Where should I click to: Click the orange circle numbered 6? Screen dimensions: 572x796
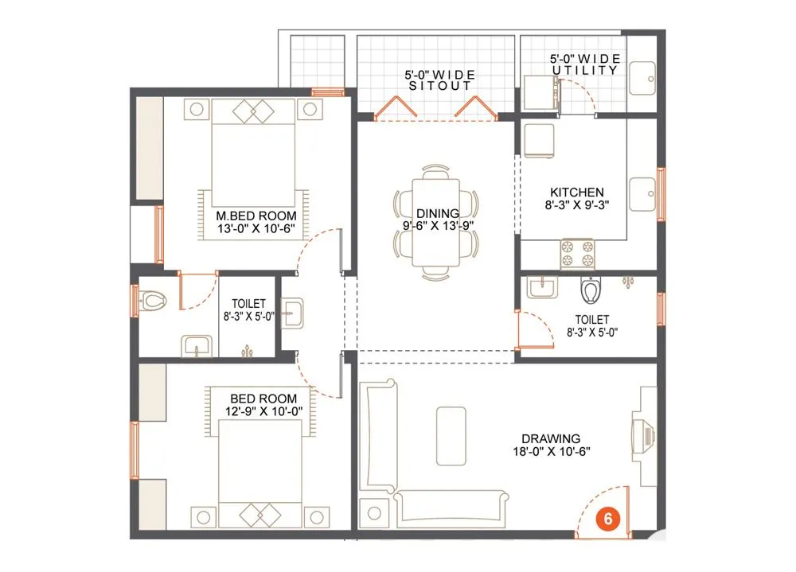coord(607,518)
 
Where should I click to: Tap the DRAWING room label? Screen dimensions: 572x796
coord(551,438)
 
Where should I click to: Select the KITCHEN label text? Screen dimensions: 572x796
coord(576,193)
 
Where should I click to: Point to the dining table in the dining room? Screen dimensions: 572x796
coord(435,221)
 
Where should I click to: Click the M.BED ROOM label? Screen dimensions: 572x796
coord(256,216)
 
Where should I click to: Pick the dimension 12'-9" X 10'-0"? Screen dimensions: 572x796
coord(263,411)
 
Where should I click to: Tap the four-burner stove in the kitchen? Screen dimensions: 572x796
coord(578,253)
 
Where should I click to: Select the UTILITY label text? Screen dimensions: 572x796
coord(585,70)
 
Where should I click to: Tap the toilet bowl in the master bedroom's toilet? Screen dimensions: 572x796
coord(153,300)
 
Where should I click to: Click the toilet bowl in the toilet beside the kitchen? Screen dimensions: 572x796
coord(590,291)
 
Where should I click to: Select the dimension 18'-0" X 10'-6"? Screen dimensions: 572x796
coord(550,451)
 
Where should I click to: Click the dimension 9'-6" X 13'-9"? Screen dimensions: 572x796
coord(436,226)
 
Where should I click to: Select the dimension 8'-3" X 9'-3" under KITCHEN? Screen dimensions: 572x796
coord(576,205)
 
